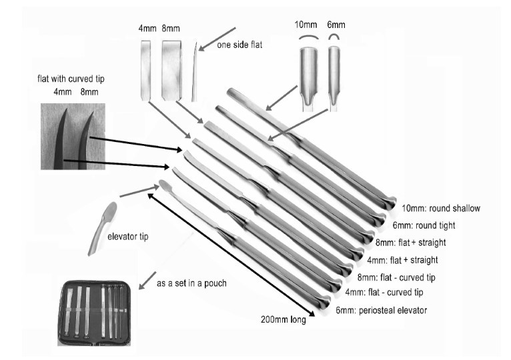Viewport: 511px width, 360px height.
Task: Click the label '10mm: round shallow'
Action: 440,208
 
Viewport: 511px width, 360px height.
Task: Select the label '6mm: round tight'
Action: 424,225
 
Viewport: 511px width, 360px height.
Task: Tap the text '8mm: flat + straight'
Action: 411,243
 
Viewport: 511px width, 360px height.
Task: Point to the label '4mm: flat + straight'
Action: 402,260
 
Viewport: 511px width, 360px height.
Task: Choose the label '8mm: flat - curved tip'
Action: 396,277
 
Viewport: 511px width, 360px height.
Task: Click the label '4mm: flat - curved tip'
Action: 384,292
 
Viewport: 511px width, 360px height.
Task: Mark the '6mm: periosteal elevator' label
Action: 382,310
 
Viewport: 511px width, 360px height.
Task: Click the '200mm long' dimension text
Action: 284,319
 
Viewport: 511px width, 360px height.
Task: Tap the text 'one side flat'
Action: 239,45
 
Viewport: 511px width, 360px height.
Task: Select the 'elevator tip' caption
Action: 128,237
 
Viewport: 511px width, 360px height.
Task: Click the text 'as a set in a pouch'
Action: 191,283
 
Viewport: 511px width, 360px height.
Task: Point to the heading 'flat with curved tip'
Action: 71,79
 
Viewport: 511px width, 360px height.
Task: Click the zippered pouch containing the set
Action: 94,313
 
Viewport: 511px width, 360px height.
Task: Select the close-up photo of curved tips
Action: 73,137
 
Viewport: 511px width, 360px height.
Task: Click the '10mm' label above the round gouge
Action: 306,25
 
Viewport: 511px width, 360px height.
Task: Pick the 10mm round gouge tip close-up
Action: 308,78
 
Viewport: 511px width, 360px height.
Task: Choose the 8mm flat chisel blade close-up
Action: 171,70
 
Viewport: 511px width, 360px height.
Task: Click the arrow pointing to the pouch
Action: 147,281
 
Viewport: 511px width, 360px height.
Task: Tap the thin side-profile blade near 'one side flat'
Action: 195,72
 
